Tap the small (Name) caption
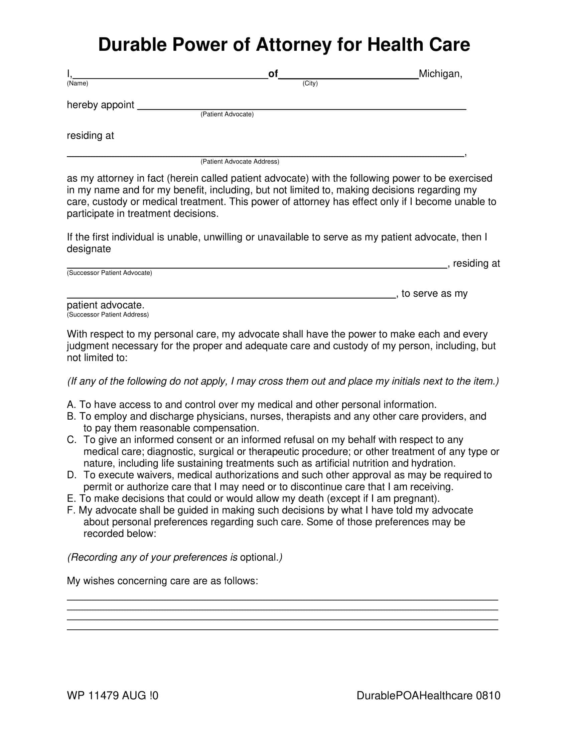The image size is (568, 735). [78, 83]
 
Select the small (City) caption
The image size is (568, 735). [310, 83]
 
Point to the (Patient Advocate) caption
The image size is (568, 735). [227, 114]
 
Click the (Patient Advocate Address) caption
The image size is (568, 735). [240, 162]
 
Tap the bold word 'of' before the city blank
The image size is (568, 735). [273, 74]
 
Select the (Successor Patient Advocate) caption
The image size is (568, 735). [109, 273]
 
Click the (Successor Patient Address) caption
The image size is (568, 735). [108, 315]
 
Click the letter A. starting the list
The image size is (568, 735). [72, 405]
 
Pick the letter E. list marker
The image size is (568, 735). [72, 498]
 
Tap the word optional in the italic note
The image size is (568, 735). [258, 557]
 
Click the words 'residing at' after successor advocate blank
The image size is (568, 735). [476, 264]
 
